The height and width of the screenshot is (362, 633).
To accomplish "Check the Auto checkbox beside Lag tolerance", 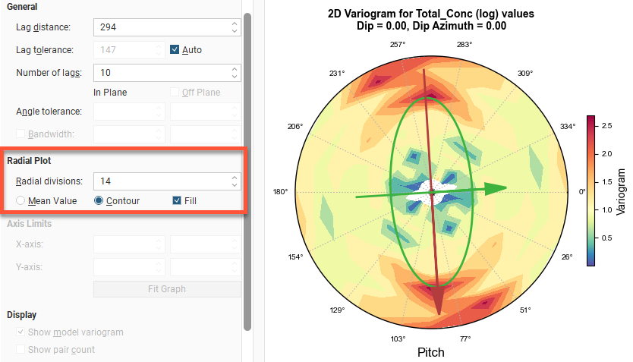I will [175, 50].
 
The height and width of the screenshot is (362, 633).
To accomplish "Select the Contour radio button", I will [99, 201].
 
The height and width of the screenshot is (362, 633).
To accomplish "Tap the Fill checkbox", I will [177, 201].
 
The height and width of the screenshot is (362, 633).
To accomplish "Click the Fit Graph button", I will [167, 288].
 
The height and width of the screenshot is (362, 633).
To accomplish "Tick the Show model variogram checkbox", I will [20, 332].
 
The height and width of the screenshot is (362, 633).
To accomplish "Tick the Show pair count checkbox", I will [20, 349].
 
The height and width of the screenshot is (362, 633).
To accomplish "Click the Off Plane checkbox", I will [175, 93].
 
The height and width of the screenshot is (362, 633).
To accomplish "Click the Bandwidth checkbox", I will [20, 134].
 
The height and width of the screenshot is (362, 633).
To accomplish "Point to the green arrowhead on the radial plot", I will [496, 189].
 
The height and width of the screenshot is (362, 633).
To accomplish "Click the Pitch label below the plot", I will [431, 352].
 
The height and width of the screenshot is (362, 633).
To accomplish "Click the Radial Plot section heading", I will [29, 161].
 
